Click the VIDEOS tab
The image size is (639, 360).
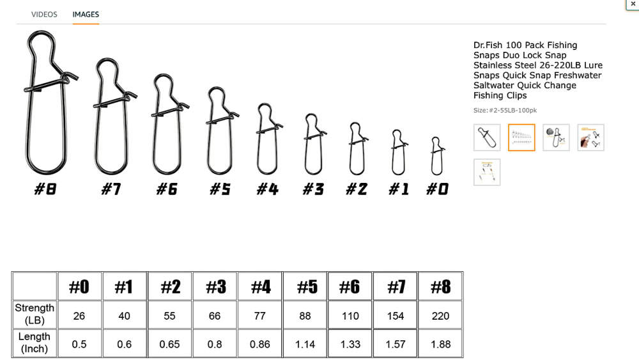pyautogui.click(x=44, y=14)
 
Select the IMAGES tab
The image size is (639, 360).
pyautogui.click(x=86, y=14)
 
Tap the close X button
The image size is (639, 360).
pyautogui.click(x=633, y=4)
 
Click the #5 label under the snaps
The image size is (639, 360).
pyautogui.click(x=220, y=189)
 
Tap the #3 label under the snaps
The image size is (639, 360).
pyautogui.click(x=313, y=189)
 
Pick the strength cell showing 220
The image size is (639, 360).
pyautogui.click(x=440, y=316)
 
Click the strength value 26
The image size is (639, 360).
pyautogui.click(x=79, y=316)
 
